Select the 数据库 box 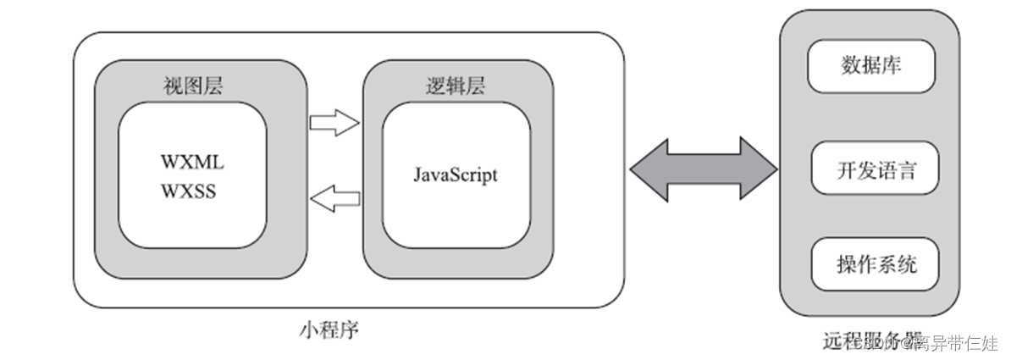point(871,66)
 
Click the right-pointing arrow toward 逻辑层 point(334,124)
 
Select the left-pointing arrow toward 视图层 point(334,199)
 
